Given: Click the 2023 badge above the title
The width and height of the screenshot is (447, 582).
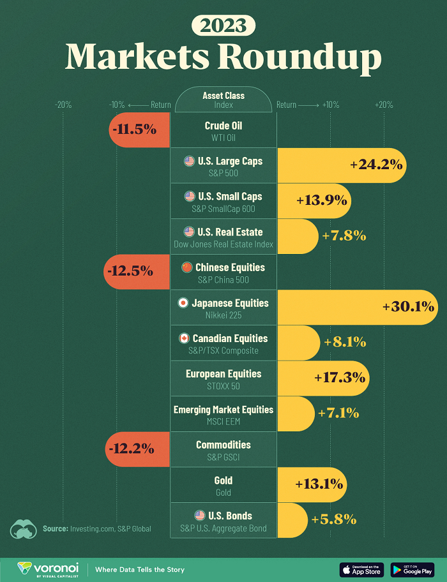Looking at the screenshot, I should click(x=223, y=26).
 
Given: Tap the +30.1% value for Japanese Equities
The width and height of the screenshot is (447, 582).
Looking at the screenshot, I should click(x=408, y=306).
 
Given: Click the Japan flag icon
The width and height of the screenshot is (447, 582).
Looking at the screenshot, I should click(x=183, y=303).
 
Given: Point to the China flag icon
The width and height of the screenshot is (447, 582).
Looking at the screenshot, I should click(x=186, y=267).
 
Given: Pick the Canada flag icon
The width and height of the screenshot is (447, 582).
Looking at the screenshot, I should click(x=184, y=338).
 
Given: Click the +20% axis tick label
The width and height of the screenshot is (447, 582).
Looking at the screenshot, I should click(x=384, y=105).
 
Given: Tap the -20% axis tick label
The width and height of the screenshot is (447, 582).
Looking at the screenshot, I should click(x=63, y=105).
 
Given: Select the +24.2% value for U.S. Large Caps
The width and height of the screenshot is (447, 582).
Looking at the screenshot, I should click(x=376, y=165).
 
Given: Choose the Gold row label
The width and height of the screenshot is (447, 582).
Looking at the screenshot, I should click(x=223, y=480).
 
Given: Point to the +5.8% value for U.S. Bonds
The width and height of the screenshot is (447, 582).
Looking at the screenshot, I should click(x=333, y=519).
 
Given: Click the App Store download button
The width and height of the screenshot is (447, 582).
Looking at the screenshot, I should click(x=362, y=569).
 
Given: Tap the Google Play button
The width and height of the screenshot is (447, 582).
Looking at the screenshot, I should click(x=413, y=569).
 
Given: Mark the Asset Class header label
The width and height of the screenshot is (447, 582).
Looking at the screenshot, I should click(x=223, y=96).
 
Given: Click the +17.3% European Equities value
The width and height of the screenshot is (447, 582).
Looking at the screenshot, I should click(x=339, y=377).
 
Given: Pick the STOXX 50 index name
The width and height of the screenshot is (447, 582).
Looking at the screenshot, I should click(x=223, y=386).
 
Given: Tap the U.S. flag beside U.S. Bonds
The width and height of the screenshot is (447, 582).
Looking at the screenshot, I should click(x=199, y=516).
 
